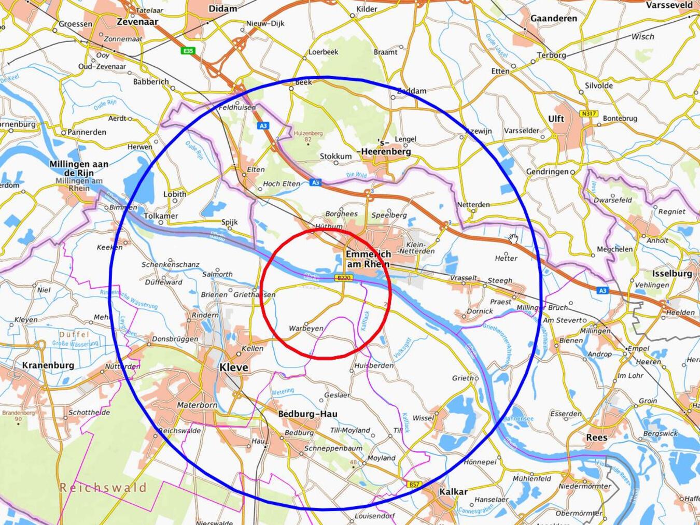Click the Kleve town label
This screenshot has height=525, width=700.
[233, 367]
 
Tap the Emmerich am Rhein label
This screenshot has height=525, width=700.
[368, 259]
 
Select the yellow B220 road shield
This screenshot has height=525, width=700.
[344, 278]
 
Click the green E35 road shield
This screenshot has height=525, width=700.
[188, 51]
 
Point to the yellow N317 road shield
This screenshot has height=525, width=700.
[589, 113]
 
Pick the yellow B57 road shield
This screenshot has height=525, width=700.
[413, 485]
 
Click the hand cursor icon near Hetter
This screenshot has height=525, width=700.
[513, 239]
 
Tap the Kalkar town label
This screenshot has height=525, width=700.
[453, 492]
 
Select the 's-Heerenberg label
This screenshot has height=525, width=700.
[386, 147]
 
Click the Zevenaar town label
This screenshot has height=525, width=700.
[137, 22]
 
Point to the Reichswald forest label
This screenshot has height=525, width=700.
[103, 487]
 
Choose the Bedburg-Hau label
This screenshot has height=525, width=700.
[307, 414]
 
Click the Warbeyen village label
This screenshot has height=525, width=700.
[306, 329]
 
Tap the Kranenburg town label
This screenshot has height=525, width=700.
[48, 365]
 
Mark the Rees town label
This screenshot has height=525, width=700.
[596, 437]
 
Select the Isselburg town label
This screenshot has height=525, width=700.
[672, 274]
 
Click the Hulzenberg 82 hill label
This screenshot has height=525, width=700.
[308, 136]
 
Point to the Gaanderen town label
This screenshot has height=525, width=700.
[553, 19]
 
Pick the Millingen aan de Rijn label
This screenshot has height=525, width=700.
[79, 168]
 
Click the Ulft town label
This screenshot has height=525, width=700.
[556, 119]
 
